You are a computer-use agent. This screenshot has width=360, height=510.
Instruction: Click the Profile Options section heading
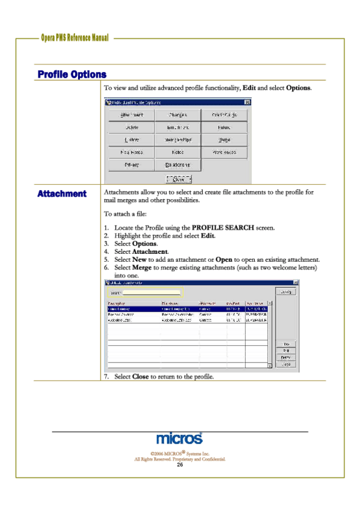(x=72, y=75)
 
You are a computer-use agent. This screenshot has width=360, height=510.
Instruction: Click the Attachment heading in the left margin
(x=62, y=194)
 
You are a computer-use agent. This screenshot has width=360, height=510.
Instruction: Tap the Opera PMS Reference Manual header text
(x=75, y=38)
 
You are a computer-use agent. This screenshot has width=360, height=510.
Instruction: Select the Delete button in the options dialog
(x=132, y=127)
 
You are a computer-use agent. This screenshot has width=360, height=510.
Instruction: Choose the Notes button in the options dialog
(x=177, y=153)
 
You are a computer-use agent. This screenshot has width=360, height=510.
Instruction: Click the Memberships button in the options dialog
(x=177, y=140)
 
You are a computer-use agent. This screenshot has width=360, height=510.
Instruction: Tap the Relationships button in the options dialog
(x=177, y=165)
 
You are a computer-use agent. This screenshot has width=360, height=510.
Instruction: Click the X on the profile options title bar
(x=246, y=103)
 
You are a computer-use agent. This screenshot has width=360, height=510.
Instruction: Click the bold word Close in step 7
(x=140, y=376)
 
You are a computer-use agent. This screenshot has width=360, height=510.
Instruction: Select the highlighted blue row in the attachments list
(x=187, y=309)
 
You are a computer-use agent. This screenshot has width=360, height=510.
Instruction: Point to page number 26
(x=179, y=465)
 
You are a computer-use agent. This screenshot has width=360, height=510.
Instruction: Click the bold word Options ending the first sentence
(x=297, y=88)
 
